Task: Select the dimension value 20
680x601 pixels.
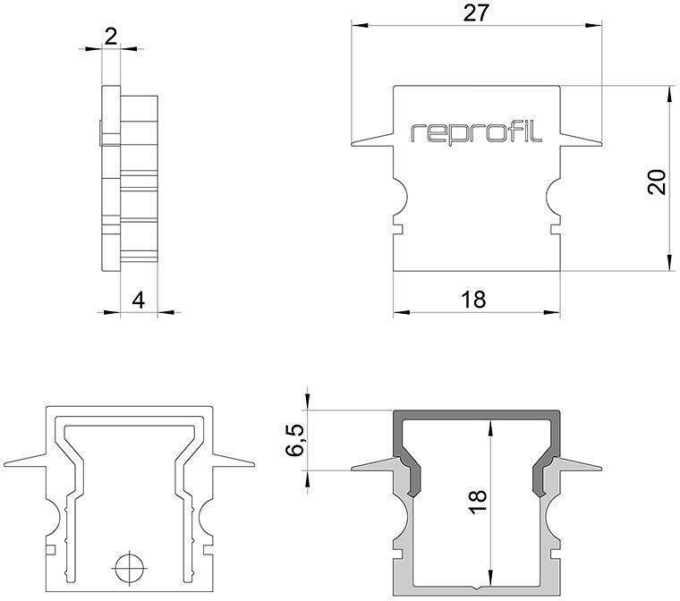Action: (656, 182)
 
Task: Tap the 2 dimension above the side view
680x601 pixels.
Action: (111, 36)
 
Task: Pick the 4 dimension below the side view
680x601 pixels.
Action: (138, 300)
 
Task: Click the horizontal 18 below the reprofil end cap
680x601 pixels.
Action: (475, 300)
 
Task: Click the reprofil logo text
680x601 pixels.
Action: (476, 132)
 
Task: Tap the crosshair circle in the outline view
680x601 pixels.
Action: (129, 566)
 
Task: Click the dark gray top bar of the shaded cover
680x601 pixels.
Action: (476, 417)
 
